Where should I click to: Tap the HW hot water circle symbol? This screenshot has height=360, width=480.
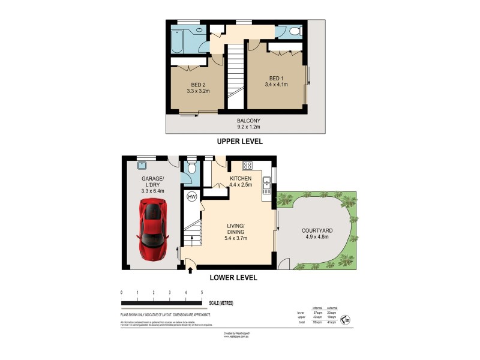click(x=192, y=196)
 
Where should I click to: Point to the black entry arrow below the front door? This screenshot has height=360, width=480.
click(x=191, y=271)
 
